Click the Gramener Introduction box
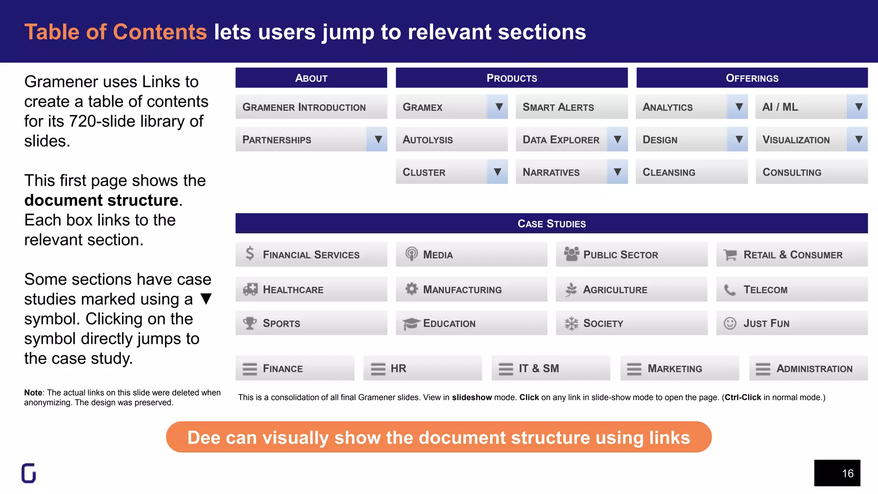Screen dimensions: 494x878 pyautogui.click(x=311, y=107)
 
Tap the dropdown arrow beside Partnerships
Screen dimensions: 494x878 pyautogui.click(x=378, y=139)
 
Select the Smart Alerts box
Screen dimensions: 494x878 pyautogui.click(x=571, y=107)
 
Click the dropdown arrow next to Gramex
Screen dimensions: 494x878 pyautogui.click(x=498, y=107)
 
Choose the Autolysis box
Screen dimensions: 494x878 pyautogui.click(x=451, y=139)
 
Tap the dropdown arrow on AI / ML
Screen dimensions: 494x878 pyautogui.click(x=858, y=107)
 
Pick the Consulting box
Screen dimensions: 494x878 pyautogui.click(x=811, y=172)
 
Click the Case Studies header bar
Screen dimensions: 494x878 pyautogui.click(x=551, y=223)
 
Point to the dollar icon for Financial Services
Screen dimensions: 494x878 pyautogui.click(x=250, y=253)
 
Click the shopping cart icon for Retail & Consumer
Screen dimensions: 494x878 pyautogui.click(x=730, y=255)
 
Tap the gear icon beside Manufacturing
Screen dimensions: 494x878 pyautogui.click(x=412, y=289)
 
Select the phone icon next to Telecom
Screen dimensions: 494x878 pyautogui.click(x=730, y=290)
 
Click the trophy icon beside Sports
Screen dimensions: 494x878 pyautogui.click(x=250, y=323)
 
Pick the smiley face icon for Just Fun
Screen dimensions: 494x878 pyautogui.click(x=730, y=323)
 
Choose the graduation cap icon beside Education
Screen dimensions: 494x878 pyautogui.click(x=411, y=323)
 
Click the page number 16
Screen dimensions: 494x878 pyautogui.click(x=847, y=473)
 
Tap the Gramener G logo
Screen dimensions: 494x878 pyautogui.click(x=29, y=473)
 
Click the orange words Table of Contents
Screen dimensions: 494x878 pyautogui.click(x=116, y=32)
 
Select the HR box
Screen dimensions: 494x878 pyautogui.click(x=422, y=368)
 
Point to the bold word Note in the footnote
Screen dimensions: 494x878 pyautogui.click(x=33, y=392)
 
